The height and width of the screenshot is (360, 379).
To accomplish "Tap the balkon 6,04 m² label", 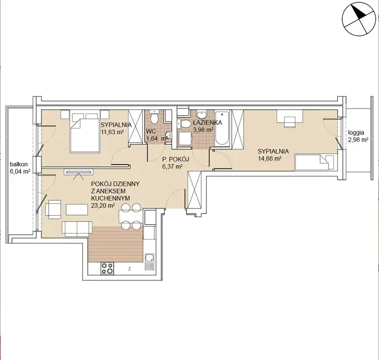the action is [20, 168].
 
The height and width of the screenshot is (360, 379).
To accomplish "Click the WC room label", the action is [151, 131].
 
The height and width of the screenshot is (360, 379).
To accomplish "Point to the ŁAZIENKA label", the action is [207, 122].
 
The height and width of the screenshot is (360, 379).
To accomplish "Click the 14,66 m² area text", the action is [270, 159].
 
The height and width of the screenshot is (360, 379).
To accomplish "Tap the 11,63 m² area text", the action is [112, 132].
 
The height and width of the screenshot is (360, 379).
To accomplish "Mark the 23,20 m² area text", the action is [103, 206].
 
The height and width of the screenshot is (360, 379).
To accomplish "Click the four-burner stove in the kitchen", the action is [107, 268].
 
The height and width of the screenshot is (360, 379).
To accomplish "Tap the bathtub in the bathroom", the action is [222, 128].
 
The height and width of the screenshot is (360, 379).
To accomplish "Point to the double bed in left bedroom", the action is [85, 131].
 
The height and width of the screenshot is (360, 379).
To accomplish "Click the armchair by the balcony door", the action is [53, 209].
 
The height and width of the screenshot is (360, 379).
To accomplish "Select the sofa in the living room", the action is [77, 229].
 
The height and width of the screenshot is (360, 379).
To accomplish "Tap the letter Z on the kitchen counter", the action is [130, 269].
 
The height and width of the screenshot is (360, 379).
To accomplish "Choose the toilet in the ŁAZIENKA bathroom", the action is [184, 124].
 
